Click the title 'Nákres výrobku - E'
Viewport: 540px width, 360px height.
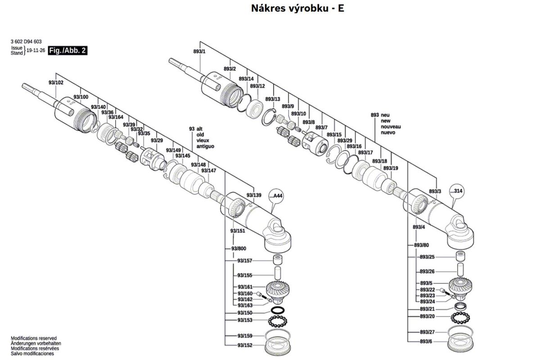[x=297, y=8]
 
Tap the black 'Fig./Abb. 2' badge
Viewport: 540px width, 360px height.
[x=67, y=50]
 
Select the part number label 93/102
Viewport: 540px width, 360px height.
[x=56, y=82]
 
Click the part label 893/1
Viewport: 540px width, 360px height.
[x=199, y=52]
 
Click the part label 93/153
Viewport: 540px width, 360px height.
[x=245, y=320]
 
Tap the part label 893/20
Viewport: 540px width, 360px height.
[x=427, y=317]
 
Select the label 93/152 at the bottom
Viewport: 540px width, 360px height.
[x=245, y=345]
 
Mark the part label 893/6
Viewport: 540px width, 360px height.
[x=426, y=342]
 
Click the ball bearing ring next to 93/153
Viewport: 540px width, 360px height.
[x=278, y=321]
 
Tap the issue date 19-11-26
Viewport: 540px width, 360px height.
[x=36, y=50]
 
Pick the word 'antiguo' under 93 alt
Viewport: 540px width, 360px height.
[x=205, y=147]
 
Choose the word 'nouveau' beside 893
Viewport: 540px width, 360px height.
[x=391, y=127]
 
